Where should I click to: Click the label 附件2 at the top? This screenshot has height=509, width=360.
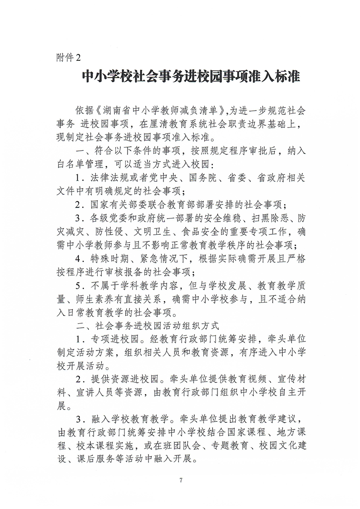(x=67, y=58)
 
